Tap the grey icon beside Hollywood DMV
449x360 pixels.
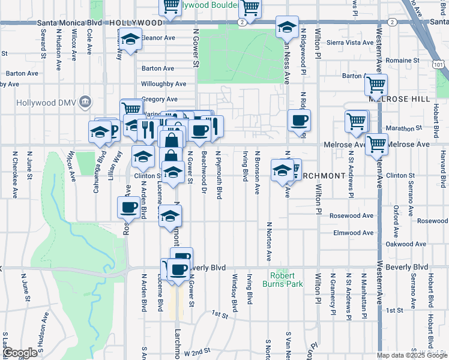tap(85, 102)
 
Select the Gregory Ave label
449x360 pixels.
tap(160, 99)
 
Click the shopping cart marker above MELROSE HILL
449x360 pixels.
tap(376, 86)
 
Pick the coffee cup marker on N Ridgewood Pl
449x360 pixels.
tap(299, 121)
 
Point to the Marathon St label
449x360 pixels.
tap(399, 128)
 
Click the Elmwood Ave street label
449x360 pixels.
tap(354, 233)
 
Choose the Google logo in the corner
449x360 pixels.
tap(20, 353)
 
